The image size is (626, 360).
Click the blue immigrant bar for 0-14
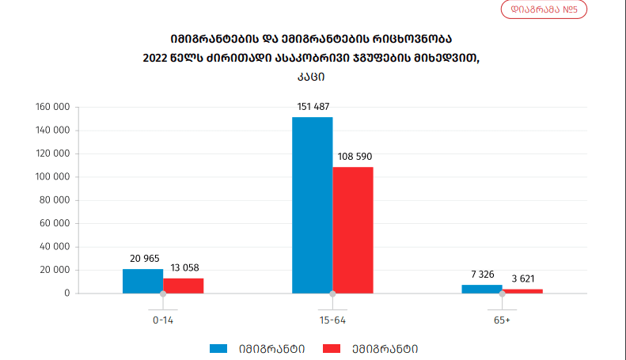pyautogui.click(x=142, y=281)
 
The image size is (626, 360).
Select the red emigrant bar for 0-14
pyautogui.click(x=184, y=286)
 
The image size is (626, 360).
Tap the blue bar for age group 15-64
pyautogui.click(x=312, y=205)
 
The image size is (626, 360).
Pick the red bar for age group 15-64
pyautogui.click(x=353, y=229)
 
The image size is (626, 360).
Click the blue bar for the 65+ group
pyautogui.click(x=482, y=289)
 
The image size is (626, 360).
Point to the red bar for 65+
pyautogui.click(x=522, y=291)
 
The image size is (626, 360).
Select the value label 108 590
pyautogui.click(x=353, y=157)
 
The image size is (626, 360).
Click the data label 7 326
pyautogui.click(x=482, y=274)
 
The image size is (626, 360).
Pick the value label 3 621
pyautogui.click(x=523, y=279)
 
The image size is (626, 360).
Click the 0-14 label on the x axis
pyautogui.click(x=163, y=320)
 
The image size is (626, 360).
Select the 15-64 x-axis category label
pyautogui.click(x=332, y=320)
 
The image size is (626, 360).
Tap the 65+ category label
pyautogui.click(x=502, y=320)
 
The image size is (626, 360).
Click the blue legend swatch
pyautogui.click(x=218, y=348)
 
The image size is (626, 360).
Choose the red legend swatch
pyautogui.click(x=332, y=348)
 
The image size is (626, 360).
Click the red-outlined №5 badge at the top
pyautogui.click(x=543, y=10)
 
